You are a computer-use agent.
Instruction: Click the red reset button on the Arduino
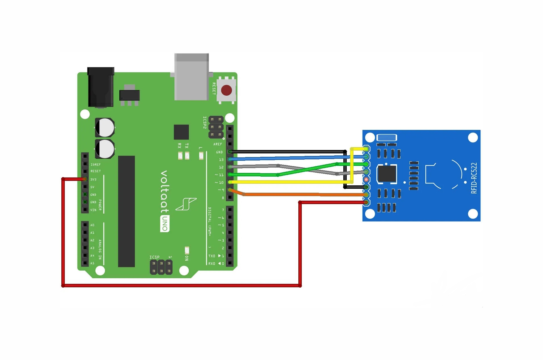point(226,90)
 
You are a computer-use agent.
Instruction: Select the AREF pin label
point(217,144)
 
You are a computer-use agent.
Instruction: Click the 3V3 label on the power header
point(93,179)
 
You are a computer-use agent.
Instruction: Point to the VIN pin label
point(93,210)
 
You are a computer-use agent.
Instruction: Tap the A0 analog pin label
point(92,225)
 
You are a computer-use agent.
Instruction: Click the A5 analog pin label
point(92,263)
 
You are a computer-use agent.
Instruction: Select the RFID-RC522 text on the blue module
point(474,178)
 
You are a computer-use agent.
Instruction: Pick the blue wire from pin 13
point(283,158)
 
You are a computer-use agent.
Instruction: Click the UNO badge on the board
point(165,224)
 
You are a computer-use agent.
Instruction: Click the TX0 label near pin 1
point(212,256)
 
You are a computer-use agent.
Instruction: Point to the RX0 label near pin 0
point(212,263)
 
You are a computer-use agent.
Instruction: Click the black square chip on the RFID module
point(387,173)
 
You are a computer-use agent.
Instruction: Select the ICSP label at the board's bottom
point(154,257)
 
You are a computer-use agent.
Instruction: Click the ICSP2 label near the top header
point(205,123)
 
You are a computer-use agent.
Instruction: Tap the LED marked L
point(201,156)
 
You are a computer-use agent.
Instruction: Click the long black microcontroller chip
point(126,211)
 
